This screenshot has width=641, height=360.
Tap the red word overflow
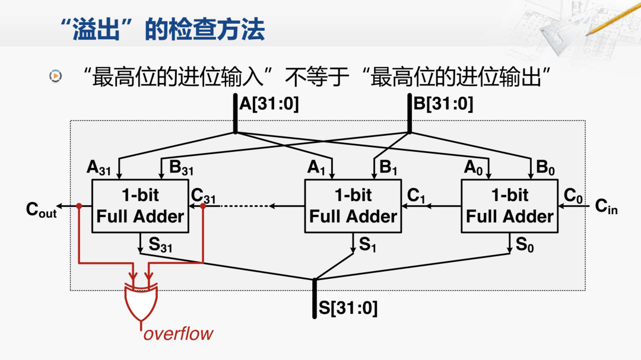pos(178,333)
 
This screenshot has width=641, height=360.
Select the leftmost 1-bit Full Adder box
pos(140,206)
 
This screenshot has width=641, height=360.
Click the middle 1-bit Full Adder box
pos(353,206)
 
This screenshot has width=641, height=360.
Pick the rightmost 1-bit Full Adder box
pos(509,206)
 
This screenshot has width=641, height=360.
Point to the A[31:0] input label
pos(269,104)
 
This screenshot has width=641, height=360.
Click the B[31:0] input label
pos(443,104)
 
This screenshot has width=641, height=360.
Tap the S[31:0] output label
pos(348,308)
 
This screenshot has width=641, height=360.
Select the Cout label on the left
pos(42,209)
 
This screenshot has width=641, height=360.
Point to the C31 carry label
pos(204,195)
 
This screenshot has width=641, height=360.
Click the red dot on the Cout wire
pos(79,206)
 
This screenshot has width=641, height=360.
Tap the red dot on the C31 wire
pos(203,206)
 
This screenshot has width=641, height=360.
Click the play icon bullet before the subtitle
pos(55,76)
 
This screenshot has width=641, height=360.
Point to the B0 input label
pos(545,168)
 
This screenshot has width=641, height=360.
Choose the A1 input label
pos(316,168)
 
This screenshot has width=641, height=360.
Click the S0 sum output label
pos(524,244)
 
